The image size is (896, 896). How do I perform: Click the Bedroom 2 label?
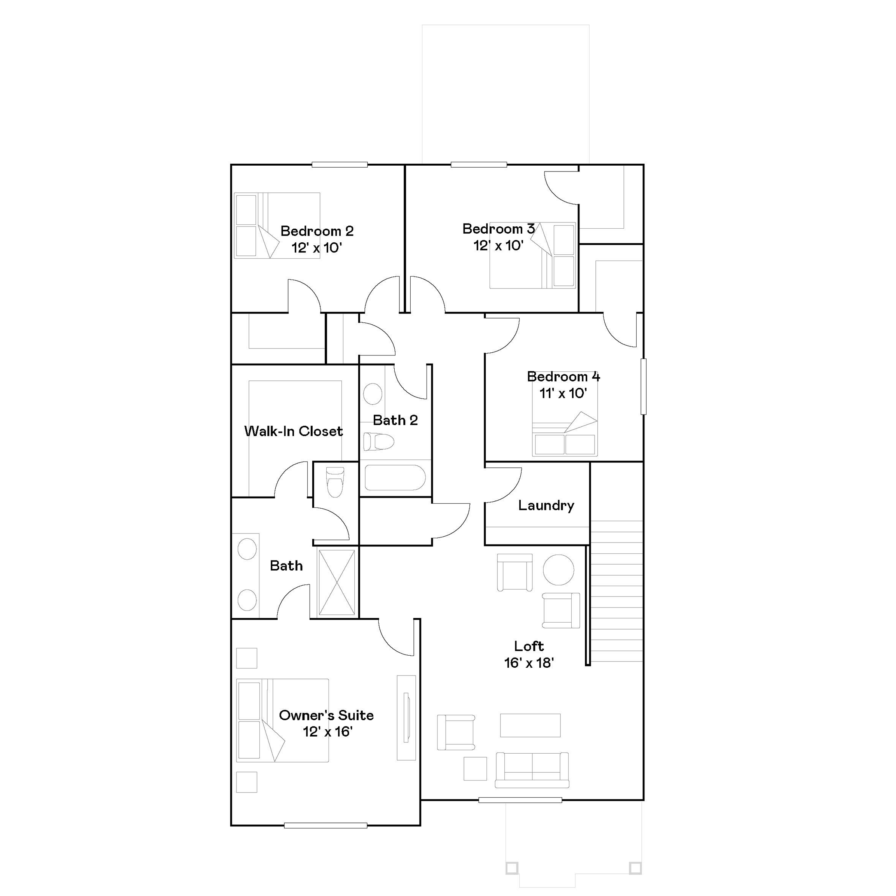(317, 231)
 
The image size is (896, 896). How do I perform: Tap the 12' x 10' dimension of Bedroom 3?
(498, 246)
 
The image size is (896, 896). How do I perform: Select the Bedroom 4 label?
(563, 376)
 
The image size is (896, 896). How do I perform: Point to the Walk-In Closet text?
(293, 431)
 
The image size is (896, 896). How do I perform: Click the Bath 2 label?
(395, 420)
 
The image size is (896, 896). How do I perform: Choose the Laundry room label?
(546, 505)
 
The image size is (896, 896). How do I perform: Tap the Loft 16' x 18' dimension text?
(529, 663)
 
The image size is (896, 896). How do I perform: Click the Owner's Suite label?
(326, 715)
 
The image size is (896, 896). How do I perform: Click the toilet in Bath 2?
(378, 441)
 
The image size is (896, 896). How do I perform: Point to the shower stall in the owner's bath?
(337, 583)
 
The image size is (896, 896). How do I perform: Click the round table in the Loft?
(558, 569)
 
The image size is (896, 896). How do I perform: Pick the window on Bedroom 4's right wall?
(643, 386)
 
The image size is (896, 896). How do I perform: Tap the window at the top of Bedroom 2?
(339, 164)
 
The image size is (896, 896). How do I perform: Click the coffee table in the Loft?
(530, 725)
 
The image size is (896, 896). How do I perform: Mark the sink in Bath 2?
(373, 394)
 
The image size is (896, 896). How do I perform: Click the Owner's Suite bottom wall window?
(325, 826)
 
